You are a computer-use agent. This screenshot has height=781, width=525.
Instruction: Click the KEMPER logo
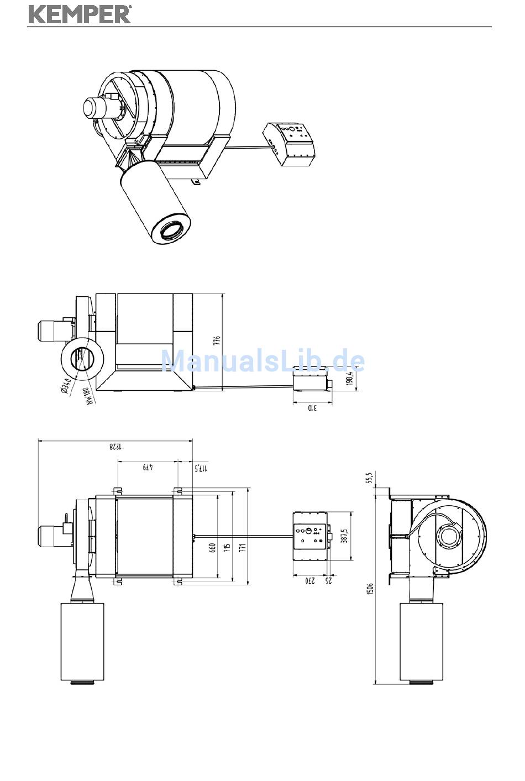tap(80, 15)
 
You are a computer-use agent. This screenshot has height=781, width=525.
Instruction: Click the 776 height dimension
tap(217, 340)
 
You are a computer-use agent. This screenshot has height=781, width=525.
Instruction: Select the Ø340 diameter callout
tap(66, 387)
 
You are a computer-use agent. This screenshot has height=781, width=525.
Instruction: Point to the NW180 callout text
tap(89, 396)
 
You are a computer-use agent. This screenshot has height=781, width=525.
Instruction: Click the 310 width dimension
tap(312, 408)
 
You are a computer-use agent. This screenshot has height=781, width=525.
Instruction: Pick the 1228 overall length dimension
tap(116, 447)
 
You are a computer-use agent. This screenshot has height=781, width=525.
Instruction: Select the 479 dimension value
tap(148, 467)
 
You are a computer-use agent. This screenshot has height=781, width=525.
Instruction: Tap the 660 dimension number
tap(213, 548)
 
